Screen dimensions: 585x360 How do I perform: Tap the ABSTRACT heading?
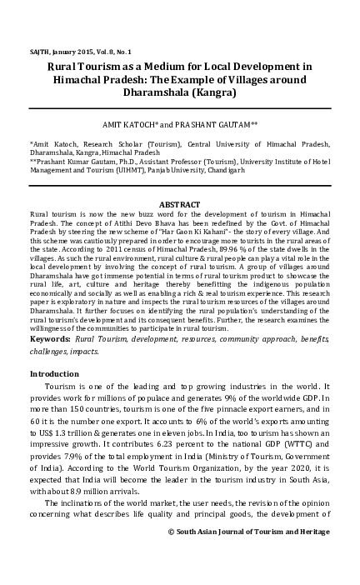(179, 205)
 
